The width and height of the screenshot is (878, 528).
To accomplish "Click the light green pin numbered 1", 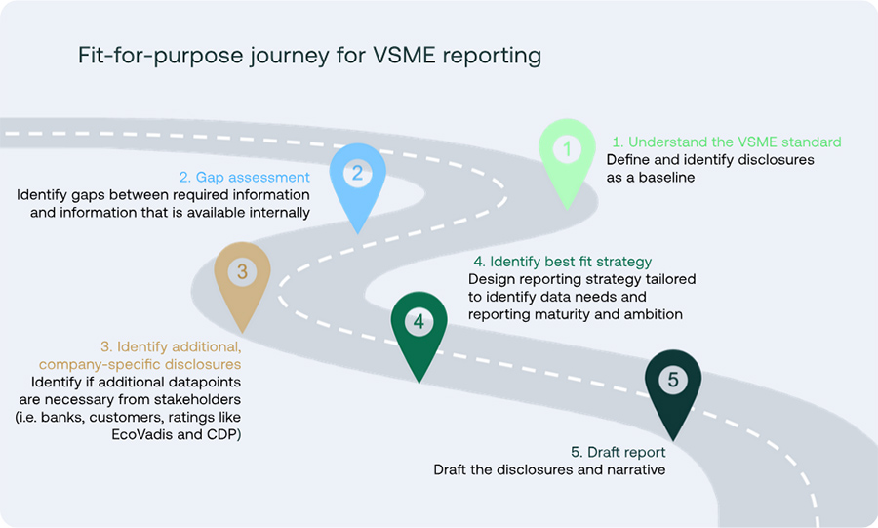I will pos(567,152).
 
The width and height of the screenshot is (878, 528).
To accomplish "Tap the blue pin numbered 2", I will pos(357,176).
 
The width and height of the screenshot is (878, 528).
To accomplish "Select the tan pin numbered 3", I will pos(242,273).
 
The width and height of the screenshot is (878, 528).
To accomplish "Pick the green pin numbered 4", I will pos(419,323).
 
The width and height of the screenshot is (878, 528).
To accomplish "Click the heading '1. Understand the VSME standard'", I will pos(726,142).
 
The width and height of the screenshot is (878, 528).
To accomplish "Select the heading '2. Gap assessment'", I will pos(244,177).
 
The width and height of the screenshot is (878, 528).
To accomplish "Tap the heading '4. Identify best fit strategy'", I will pos(562,262).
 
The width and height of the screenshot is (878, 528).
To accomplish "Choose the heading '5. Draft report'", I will pos(618,452).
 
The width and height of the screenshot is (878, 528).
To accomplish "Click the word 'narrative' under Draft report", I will pos(633,469).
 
